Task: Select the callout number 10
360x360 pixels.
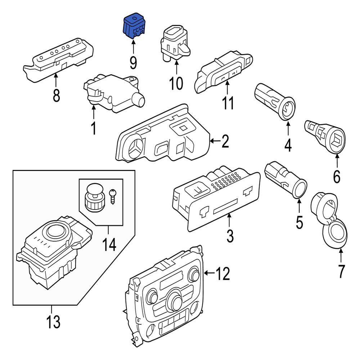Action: pos(176,84)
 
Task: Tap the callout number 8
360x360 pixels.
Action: pos(56,96)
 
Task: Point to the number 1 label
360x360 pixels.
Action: pos(94,129)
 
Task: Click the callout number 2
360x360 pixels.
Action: pos(225,142)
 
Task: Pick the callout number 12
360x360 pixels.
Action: pos(222,275)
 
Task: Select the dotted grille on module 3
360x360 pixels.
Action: pos(226,180)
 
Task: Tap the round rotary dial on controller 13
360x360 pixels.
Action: pos(57,229)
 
